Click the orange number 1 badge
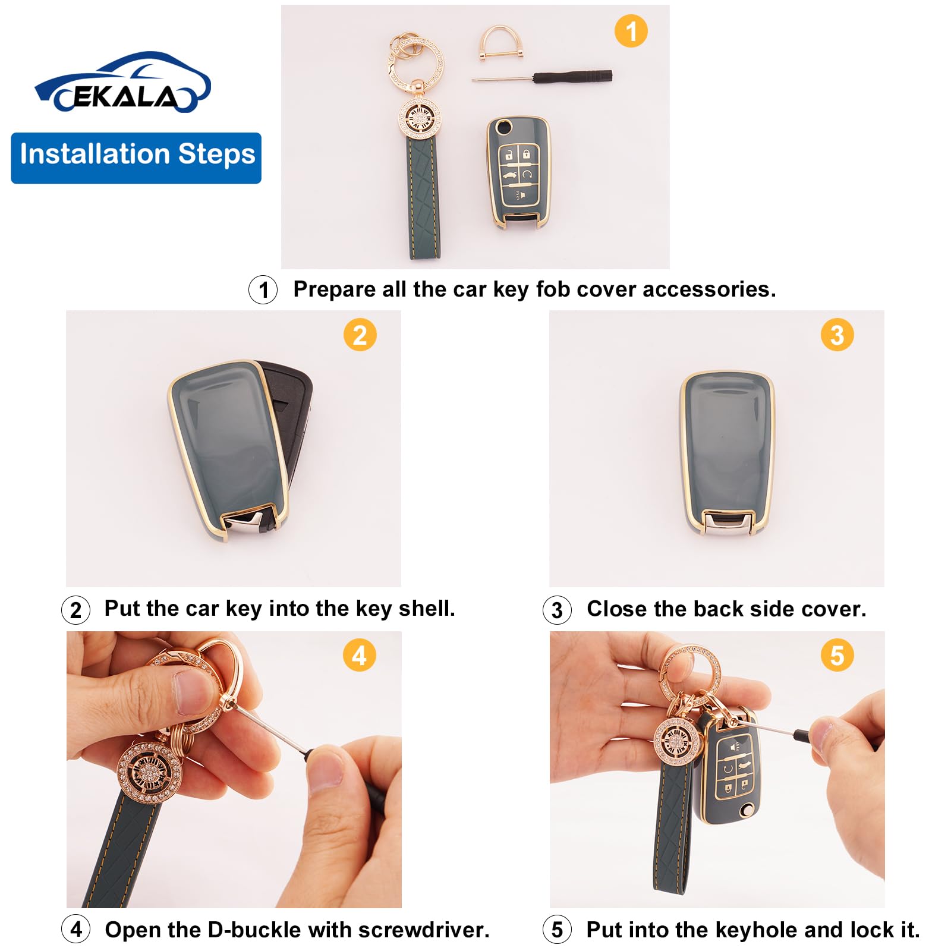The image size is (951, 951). [631, 31]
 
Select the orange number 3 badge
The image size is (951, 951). [837, 335]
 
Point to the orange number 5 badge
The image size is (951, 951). [837, 656]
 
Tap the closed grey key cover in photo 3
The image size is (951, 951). [727, 452]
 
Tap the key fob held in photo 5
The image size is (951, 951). [731, 773]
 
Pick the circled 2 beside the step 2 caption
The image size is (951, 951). [75, 610]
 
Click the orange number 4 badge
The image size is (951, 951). [359, 656]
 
